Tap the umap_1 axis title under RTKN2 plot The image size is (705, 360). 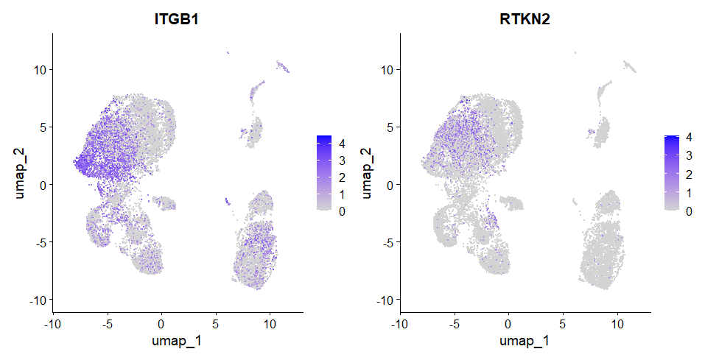524,342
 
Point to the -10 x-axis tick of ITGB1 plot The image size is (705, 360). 52,323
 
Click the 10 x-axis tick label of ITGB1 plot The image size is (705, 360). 270,323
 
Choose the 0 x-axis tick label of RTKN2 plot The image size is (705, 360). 508,323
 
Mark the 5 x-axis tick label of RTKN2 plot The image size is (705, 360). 563,323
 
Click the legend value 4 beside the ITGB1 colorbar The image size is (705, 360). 343,139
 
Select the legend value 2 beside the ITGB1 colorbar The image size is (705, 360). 343,177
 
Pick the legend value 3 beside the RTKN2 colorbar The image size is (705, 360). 689,155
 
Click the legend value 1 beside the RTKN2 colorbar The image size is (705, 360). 689,193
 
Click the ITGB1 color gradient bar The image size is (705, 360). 324,174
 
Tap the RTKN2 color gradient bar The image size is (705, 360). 670,174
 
